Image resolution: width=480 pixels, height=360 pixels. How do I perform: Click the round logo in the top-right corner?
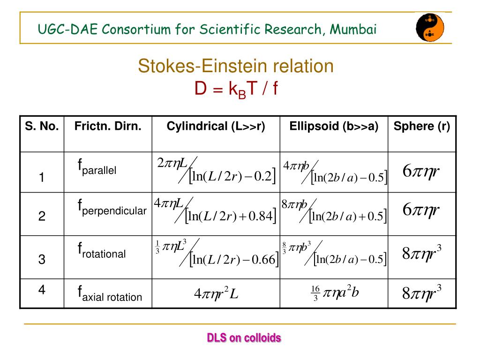(x=430, y=27)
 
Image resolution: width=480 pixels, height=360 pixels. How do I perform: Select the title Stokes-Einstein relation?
(x=236, y=66)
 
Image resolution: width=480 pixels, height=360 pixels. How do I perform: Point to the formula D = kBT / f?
(x=236, y=88)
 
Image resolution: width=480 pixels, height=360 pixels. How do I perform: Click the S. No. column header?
(x=42, y=127)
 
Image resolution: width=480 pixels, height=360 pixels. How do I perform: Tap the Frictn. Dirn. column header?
(x=108, y=127)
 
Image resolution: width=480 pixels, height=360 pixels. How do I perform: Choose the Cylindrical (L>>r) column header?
(x=216, y=127)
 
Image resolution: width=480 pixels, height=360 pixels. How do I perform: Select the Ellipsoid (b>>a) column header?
(x=334, y=127)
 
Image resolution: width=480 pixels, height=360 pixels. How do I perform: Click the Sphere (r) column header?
(x=422, y=127)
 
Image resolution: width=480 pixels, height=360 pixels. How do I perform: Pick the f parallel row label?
(x=97, y=167)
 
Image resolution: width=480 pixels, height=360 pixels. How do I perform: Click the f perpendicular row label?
(x=112, y=207)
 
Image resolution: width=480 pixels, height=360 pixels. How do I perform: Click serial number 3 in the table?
(x=42, y=259)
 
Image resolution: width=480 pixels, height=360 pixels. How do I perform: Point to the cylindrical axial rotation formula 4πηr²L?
(x=216, y=294)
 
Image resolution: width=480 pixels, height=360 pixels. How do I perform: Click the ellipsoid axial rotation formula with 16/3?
(x=335, y=293)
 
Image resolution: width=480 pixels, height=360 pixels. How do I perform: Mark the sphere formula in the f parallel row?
(x=421, y=172)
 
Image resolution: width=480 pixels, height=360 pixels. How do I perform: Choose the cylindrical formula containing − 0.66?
(x=217, y=253)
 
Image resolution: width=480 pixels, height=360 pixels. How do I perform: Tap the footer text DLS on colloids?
(x=244, y=337)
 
